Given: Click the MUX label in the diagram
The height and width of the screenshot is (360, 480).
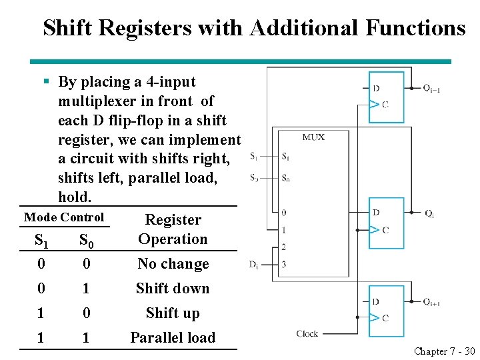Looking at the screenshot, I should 313,137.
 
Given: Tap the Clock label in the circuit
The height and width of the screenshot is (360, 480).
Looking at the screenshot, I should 307,333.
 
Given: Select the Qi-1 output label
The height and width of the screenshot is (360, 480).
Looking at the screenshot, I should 431,88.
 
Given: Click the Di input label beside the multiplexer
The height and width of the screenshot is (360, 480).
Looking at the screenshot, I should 254,264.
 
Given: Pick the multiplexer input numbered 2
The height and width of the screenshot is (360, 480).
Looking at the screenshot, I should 284,247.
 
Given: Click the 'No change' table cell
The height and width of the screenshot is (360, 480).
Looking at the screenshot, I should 173,264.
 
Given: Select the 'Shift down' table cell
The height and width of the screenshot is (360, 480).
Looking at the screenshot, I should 173,289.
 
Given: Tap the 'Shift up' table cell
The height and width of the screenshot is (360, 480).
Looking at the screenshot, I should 173,313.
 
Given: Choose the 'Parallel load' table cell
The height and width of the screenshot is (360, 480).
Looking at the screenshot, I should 173,338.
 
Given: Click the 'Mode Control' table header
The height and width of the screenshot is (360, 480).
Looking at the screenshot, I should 64,217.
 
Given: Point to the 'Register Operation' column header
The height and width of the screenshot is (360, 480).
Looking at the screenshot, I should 173,229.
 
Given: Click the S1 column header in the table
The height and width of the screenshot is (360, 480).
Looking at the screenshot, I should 41,240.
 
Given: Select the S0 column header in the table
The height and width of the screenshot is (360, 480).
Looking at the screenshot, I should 86,240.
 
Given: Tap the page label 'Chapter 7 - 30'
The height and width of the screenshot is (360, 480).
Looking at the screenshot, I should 443,351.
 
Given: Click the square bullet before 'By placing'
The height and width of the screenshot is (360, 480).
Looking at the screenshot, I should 46,82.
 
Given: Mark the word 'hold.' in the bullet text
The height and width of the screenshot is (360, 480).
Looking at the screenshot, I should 74,198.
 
